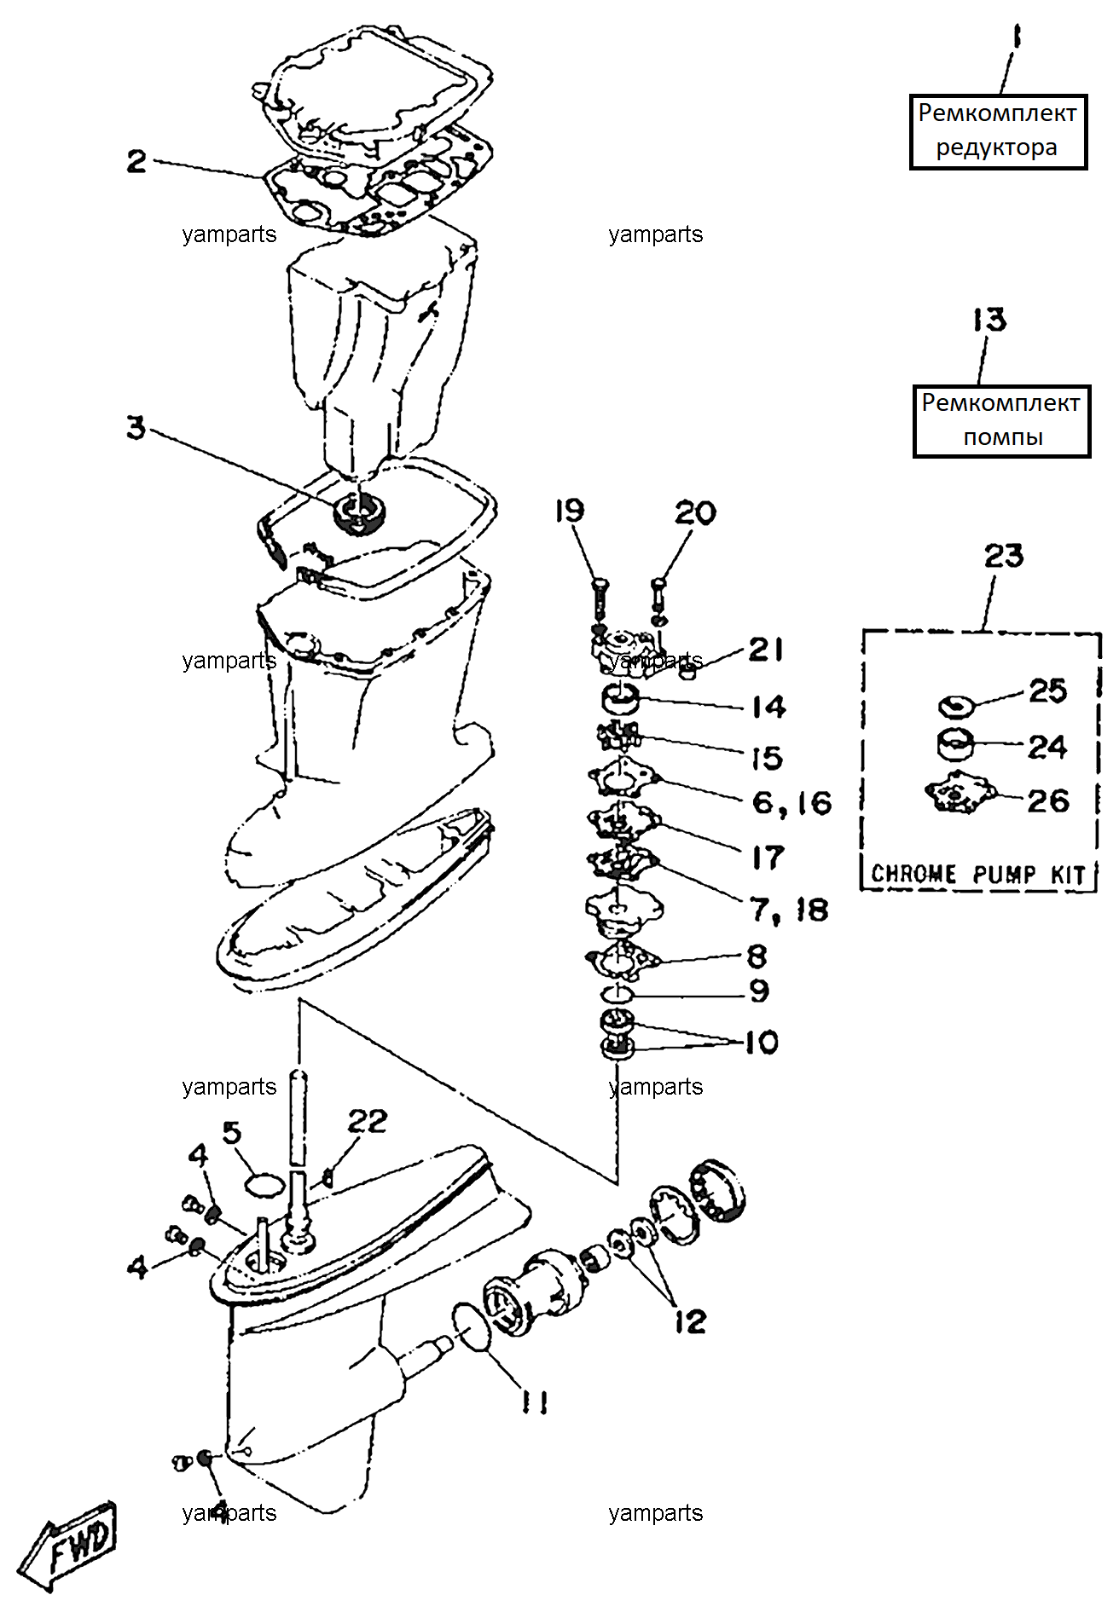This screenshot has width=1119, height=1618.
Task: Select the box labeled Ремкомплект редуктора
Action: coord(998,131)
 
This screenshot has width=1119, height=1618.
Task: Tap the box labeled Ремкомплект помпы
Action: coord(1001,421)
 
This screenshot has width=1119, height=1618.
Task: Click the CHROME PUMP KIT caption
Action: coord(977,875)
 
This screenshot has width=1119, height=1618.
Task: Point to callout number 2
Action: coord(136,161)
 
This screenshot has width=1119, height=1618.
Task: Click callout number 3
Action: coord(136,428)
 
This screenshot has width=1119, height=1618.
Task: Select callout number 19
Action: coord(570,511)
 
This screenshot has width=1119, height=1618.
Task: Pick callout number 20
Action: coord(695,512)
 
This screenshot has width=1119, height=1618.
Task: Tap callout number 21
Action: coord(766,650)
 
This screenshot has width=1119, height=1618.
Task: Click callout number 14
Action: coord(768,706)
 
